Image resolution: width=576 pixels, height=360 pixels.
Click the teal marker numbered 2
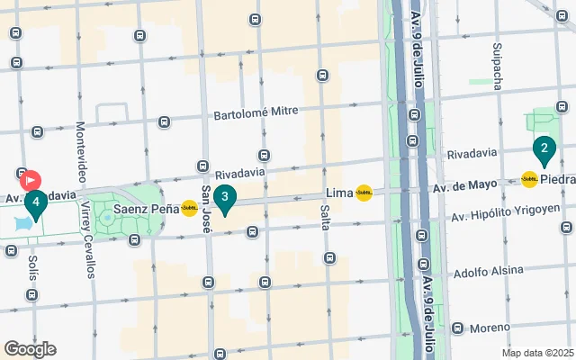[x=544, y=148]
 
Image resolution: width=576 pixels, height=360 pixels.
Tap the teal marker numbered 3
[x=224, y=197]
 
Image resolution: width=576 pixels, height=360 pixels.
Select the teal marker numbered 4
[x=35, y=203]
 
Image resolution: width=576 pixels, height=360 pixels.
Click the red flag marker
[x=30, y=180]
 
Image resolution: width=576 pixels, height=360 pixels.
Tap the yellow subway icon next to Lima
[x=364, y=193]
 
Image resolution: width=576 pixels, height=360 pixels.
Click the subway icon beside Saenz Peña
[x=189, y=208]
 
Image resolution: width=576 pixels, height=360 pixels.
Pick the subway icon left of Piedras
[x=529, y=179]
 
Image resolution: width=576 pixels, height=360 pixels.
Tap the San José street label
[x=206, y=210]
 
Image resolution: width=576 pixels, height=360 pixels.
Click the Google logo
[x=30, y=348]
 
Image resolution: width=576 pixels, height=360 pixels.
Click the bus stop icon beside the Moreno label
[x=457, y=328]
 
